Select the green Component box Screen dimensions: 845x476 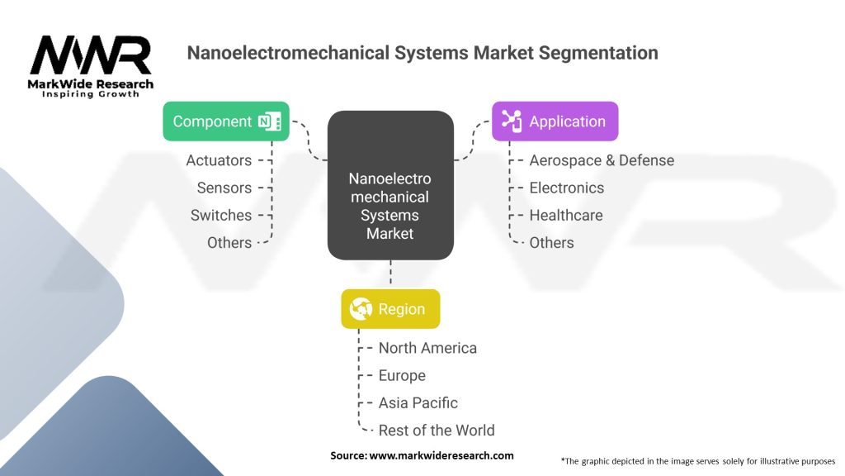[225, 121]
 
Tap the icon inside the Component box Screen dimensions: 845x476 [269, 121]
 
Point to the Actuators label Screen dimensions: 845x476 [219, 160]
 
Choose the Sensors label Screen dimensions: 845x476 [224, 188]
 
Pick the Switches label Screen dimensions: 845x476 [220, 215]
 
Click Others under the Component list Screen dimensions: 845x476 [229, 242]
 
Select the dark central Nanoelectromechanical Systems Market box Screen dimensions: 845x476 [390, 186]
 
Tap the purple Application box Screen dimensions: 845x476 [555, 121]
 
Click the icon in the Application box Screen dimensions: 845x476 [511, 121]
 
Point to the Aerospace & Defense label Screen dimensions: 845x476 [602, 160]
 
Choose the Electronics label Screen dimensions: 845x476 [566, 188]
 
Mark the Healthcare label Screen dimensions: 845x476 [566, 215]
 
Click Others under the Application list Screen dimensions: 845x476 [551, 242]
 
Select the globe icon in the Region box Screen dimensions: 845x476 [361, 309]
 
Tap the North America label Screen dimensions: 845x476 [427, 348]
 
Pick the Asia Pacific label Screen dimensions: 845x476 [418, 402]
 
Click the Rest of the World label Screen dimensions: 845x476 [437, 430]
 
